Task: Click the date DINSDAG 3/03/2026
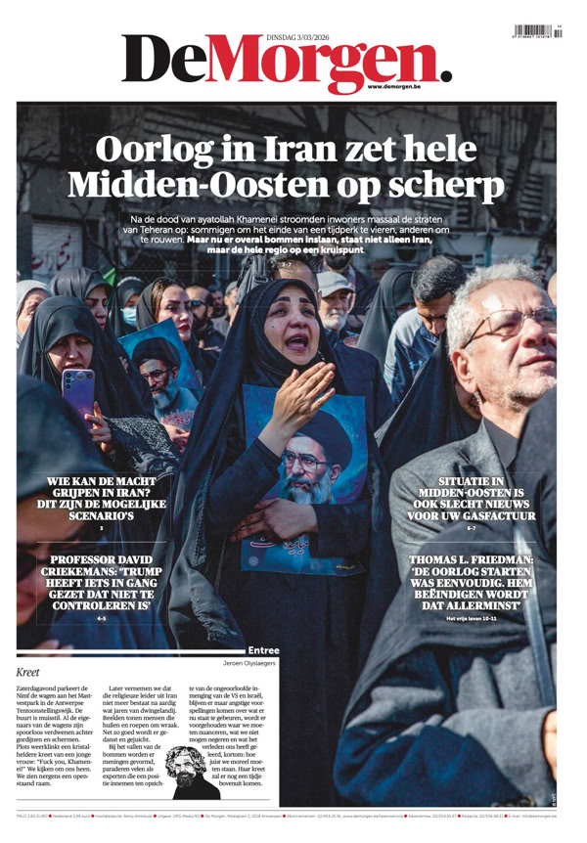[x=305, y=37]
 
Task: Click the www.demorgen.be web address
[x=394, y=87]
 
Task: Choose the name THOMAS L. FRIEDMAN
[x=472, y=559]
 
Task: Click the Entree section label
[x=264, y=649]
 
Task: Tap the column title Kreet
[x=28, y=673]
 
